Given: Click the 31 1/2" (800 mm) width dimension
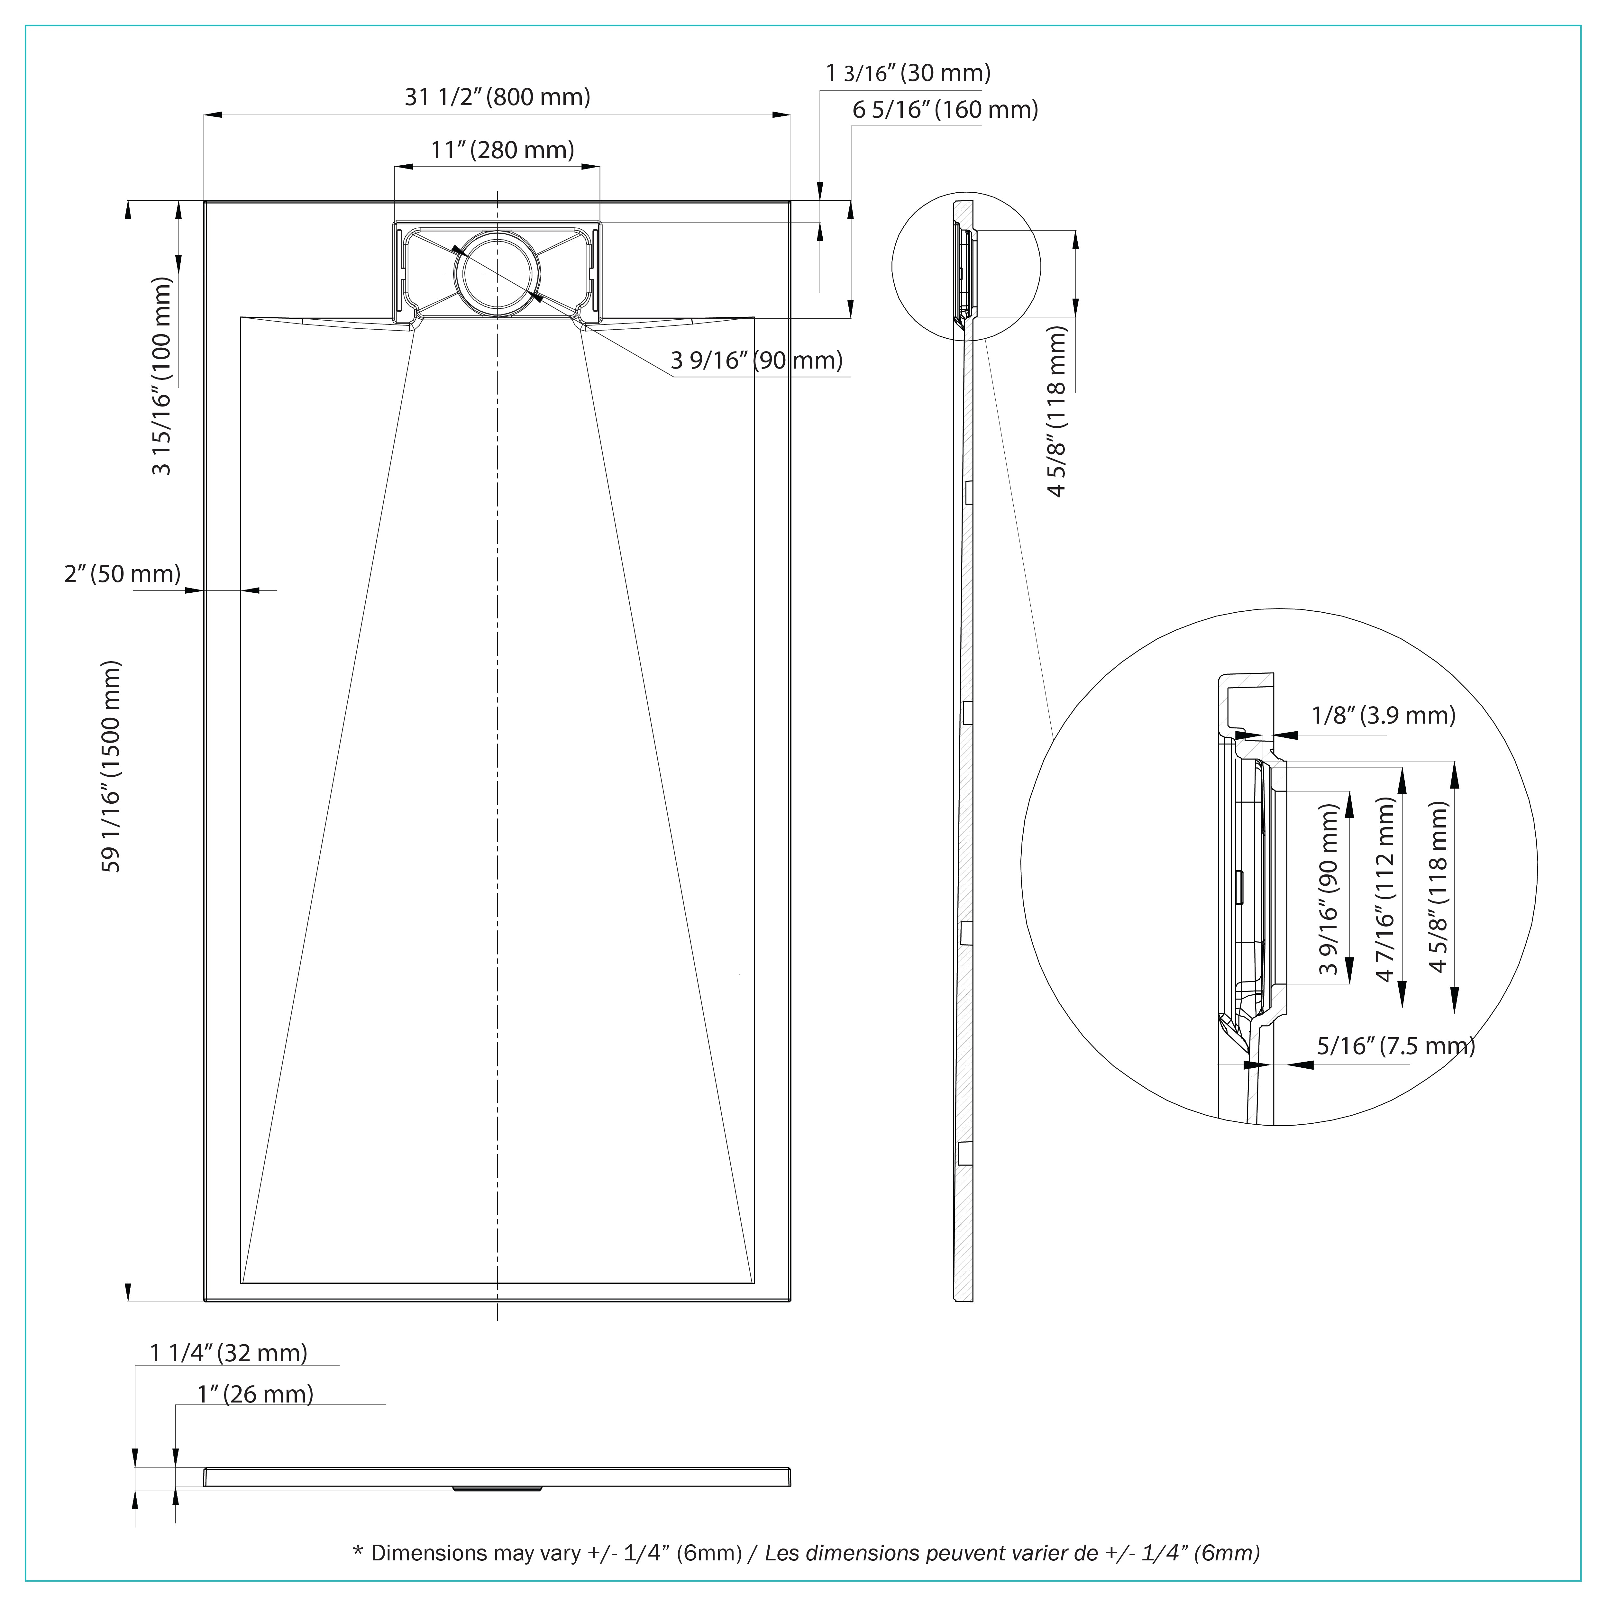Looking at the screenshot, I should click(x=497, y=97).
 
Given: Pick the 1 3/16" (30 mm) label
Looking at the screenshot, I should click(x=907, y=73).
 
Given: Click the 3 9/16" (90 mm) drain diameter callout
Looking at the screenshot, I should click(x=756, y=361).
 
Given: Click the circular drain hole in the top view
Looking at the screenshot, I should click(x=497, y=274).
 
